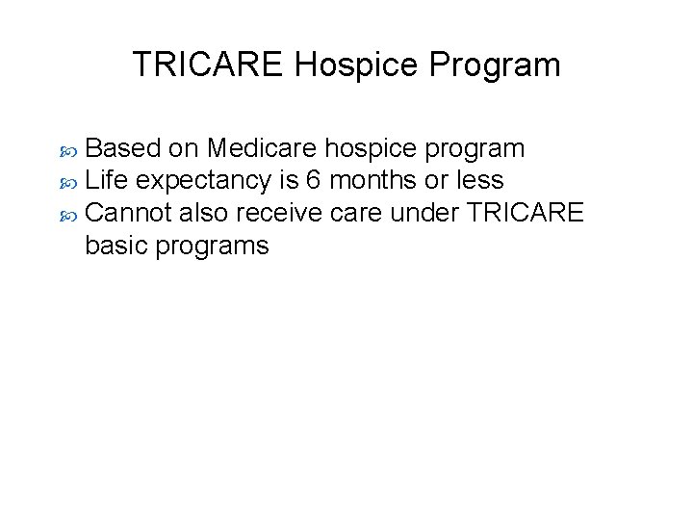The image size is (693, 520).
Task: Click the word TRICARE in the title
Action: click(208, 65)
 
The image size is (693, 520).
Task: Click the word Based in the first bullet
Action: click(122, 149)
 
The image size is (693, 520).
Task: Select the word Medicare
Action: click(261, 149)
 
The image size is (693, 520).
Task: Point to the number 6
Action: click(314, 180)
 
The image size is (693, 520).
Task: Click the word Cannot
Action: click(129, 212)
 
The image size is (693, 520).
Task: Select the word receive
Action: click(286, 212)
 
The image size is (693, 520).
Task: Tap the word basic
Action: click(117, 245)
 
